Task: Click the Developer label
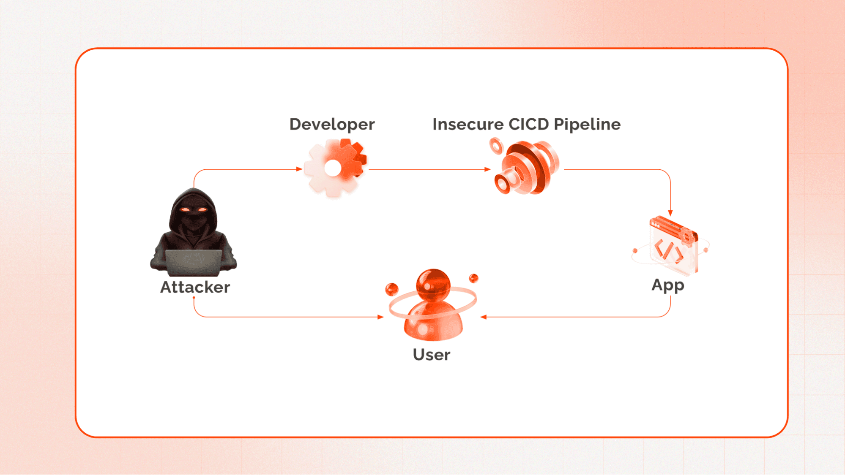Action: point(332,125)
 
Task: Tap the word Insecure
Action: point(468,125)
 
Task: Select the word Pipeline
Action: point(587,125)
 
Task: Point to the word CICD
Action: point(528,125)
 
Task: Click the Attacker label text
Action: point(195,287)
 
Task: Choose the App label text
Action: point(667,285)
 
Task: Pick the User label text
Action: point(431,355)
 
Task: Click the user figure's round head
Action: point(433,284)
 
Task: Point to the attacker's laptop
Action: point(194,262)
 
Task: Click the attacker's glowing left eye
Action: point(185,209)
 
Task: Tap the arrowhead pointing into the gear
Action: point(299,169)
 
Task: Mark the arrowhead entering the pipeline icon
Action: point(487,169)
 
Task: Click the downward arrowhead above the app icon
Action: point(670,213)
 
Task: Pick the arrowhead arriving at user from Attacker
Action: point(380,317)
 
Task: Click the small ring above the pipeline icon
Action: point(496,147)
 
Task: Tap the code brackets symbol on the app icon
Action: point(668,250)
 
